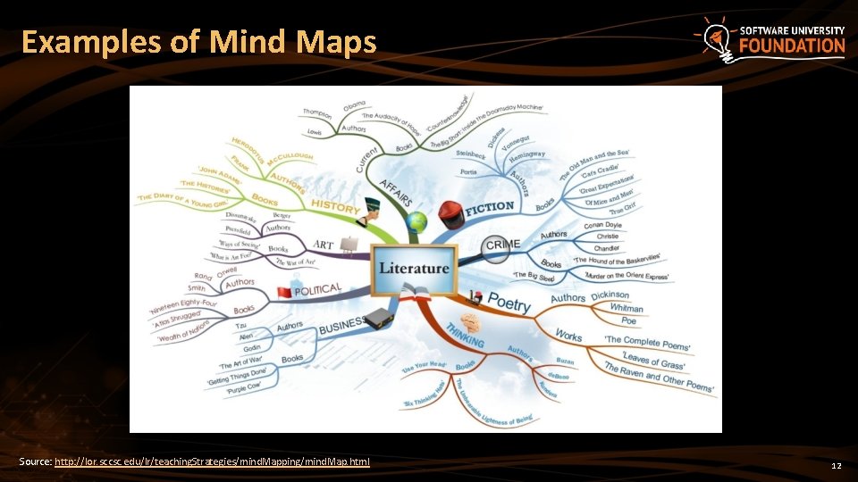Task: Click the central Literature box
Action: click(x=414, y=269)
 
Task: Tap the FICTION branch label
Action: click(x=489, y=207)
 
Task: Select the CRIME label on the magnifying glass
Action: click(x=502, y=245)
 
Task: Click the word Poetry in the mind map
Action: click(x=509, y=303)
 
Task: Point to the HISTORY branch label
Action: click(x=335, y=206)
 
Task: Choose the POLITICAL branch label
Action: click(x=318, y=289)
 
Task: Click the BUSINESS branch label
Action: click(x=341, y=323)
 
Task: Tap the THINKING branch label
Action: click(x=465, y=331)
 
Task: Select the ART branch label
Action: click(x=323, y=245)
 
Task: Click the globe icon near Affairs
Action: click(x=416, y=221)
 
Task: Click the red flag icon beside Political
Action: click(x=284, y=293)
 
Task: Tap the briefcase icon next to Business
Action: click(x=379, y=317)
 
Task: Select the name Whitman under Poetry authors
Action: click(x=626, y=308)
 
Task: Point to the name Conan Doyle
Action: click(x=601, y=225)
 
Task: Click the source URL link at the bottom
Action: click(x=212, y=461)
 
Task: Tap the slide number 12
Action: click(x=837, y=466)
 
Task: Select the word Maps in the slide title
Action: click(x=335, y=42)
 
